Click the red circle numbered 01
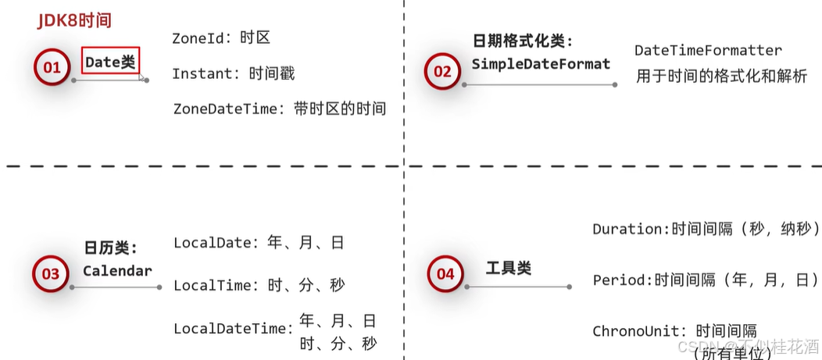[52, 68]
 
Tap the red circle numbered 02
[442, 72]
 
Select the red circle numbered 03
[50, 273]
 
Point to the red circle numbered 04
[445, 273]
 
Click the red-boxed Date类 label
[110, 62]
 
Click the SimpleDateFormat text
[541, 64]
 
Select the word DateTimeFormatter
[708, 51]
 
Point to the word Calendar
[117, 271]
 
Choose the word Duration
[627, 229]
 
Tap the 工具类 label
[508, 269]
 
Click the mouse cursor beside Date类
[141, 77]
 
